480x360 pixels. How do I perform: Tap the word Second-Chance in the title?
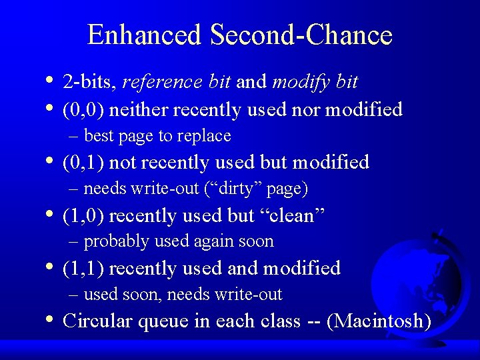tap(301, 35)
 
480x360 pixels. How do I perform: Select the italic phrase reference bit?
tap(177, 82)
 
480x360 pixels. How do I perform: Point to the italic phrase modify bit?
tap(315, 82)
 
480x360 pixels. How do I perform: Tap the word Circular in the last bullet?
tap(93, 321)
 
